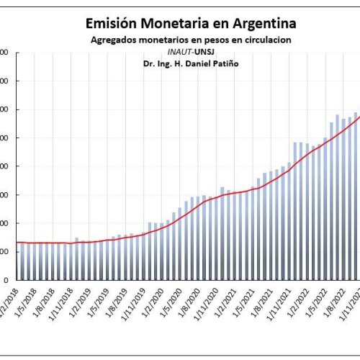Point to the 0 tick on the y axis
tap(5, 280)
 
